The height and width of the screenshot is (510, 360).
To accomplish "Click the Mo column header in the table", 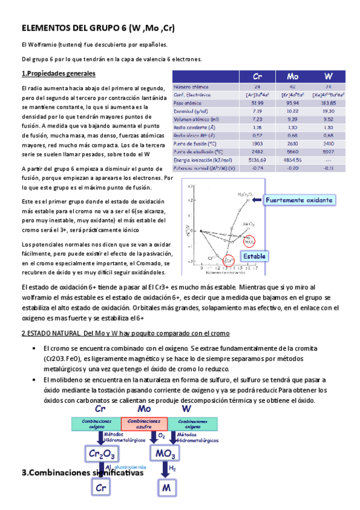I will point(293,77).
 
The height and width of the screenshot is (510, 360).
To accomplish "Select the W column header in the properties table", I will point(328,77).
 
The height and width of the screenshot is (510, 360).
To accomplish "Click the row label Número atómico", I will point(192,87).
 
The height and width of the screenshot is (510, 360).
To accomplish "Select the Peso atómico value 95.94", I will point(293,103).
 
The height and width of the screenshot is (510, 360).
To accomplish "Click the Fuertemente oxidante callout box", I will point(299,200).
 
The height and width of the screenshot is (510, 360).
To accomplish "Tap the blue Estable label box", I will point(254,256).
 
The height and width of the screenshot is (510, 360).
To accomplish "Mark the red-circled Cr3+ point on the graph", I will point(228,260).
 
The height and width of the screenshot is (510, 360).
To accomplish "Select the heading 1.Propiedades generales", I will point(58,74).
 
